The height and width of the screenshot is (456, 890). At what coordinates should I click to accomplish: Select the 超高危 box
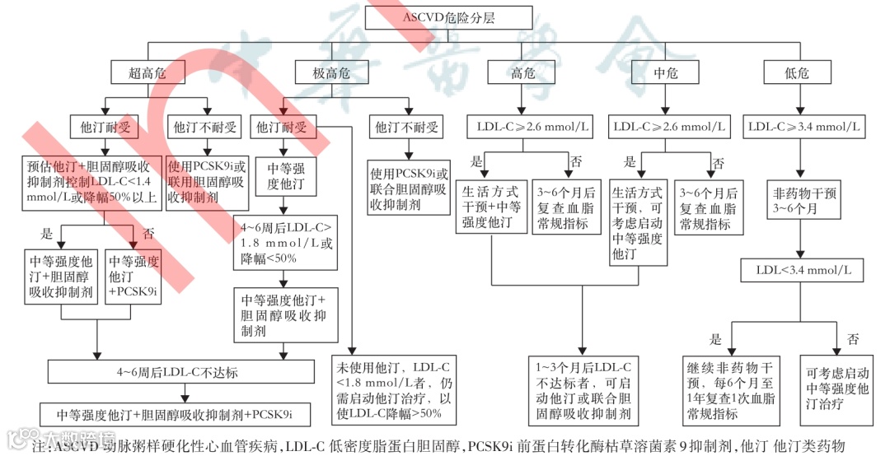point(148,72)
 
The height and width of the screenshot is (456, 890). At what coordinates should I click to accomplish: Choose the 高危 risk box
point(522,72)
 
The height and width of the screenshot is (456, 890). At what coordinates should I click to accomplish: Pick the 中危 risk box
point(666,72)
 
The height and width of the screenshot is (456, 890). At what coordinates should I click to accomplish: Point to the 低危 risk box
point(797,72)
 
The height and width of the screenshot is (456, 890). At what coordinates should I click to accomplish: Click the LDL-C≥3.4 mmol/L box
point(803,127)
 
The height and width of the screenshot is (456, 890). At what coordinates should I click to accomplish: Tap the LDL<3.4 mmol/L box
point(803,269)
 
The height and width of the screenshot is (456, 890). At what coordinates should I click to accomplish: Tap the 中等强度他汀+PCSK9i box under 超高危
point(133,275)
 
